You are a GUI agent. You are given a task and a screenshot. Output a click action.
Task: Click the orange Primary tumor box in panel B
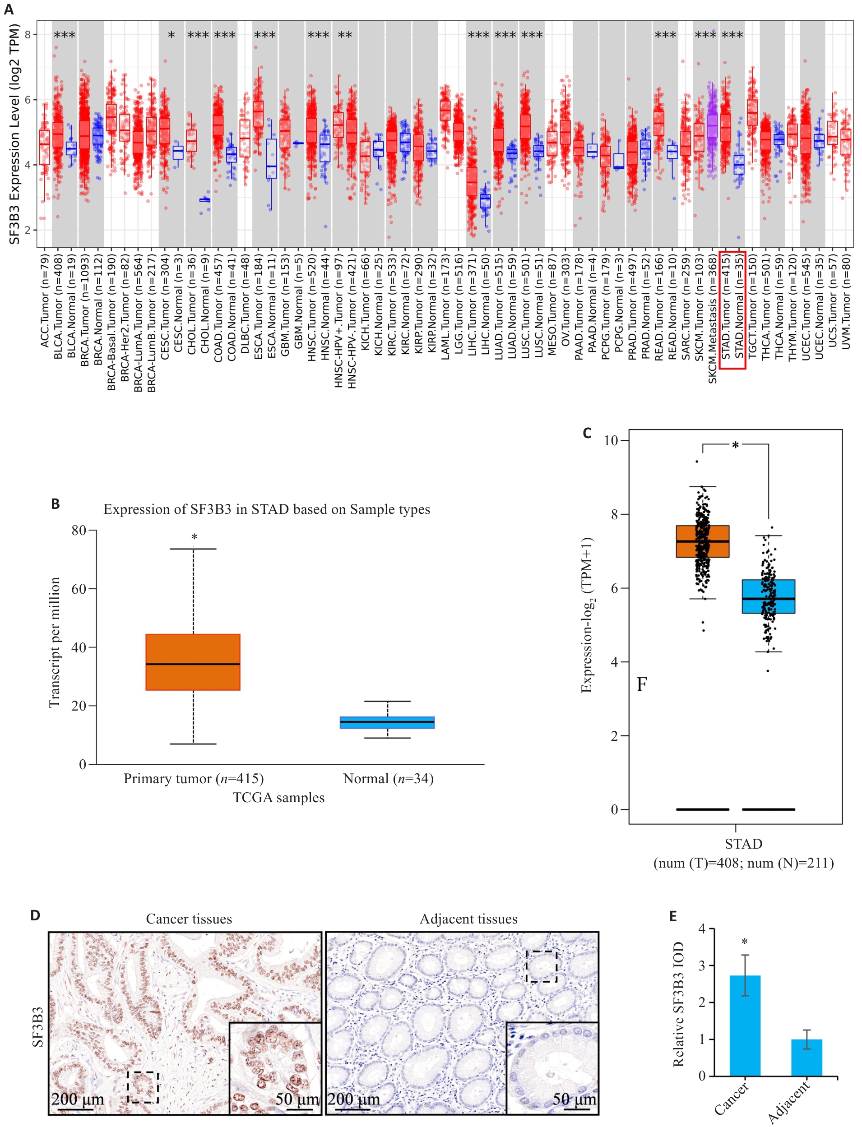click(193, 662)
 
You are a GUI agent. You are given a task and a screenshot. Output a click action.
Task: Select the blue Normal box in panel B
click(387, 722)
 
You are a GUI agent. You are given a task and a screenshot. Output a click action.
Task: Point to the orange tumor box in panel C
click(702, 541)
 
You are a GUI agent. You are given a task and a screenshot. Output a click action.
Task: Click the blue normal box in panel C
click(768, 596)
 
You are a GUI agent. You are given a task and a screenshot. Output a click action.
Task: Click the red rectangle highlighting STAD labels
click(732, 310)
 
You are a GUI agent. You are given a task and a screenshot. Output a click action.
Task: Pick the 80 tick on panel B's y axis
click(79, 531)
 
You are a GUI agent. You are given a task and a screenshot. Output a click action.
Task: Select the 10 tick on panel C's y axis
click(611, 440)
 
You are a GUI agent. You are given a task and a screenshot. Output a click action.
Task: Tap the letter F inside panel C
click(641, 684)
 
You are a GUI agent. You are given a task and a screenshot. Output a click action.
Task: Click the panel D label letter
click(35, 915)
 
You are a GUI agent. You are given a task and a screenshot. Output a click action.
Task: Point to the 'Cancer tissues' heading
click(189, 919)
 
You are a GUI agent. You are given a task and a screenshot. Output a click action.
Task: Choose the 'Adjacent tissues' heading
click(468, 919)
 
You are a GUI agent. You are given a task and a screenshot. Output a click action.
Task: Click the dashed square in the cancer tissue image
click(143, 1087)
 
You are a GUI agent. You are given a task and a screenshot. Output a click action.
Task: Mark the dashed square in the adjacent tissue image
click(541, 966)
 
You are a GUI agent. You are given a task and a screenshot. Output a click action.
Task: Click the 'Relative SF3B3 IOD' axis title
click(678, 1004)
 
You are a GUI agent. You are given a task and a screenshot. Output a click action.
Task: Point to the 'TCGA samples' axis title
click(278, 798)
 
